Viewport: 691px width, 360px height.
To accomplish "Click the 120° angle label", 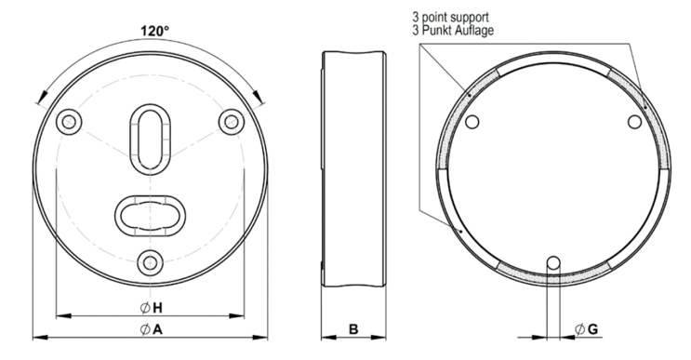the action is (x=154, y=31).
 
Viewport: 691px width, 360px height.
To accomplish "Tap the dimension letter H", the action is (x=157, y=308).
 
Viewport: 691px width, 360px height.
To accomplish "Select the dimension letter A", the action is (x=157, y=329).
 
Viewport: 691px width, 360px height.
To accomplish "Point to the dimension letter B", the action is (x=353, y=329).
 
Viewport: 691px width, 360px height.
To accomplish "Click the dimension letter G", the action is (x=592, y=329).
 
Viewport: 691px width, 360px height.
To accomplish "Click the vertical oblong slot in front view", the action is (x=151, y=137).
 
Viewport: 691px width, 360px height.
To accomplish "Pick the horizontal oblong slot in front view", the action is (x=151, y=216).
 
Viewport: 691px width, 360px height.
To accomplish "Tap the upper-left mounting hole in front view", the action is (x=69, y=121).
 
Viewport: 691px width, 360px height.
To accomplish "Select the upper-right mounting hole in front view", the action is (x=232, y=121).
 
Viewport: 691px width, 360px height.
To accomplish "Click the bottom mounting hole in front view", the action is (x=151, y=263).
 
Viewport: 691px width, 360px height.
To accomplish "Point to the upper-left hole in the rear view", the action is (x=472, y=122).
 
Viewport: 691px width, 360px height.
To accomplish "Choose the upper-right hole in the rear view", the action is (x=634, y=122).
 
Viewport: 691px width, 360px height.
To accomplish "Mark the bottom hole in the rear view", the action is (x=553, y=263).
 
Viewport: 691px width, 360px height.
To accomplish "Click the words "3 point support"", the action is (x=450, y=17).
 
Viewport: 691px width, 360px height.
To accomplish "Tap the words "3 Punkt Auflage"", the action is (x=453, y=30).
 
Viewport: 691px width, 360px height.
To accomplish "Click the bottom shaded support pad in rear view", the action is (x=553, y=274).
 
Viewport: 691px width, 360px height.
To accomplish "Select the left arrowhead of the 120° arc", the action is (x=43, y=96).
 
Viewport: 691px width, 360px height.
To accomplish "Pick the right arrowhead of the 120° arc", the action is (x=258, y=96).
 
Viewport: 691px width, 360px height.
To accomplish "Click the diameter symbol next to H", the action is (x=145, y=308).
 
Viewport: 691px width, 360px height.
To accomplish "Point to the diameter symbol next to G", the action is (x=580, y=329).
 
